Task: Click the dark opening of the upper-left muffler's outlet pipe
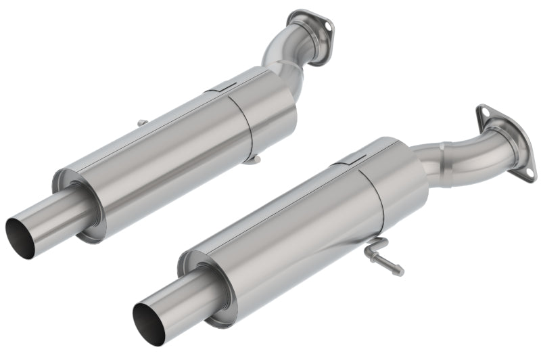tap(18, 233)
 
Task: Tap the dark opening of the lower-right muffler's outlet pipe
tap(147, 332)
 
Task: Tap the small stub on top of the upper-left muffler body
tap(141, 122)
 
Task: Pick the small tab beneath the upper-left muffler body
tap(251, 159)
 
